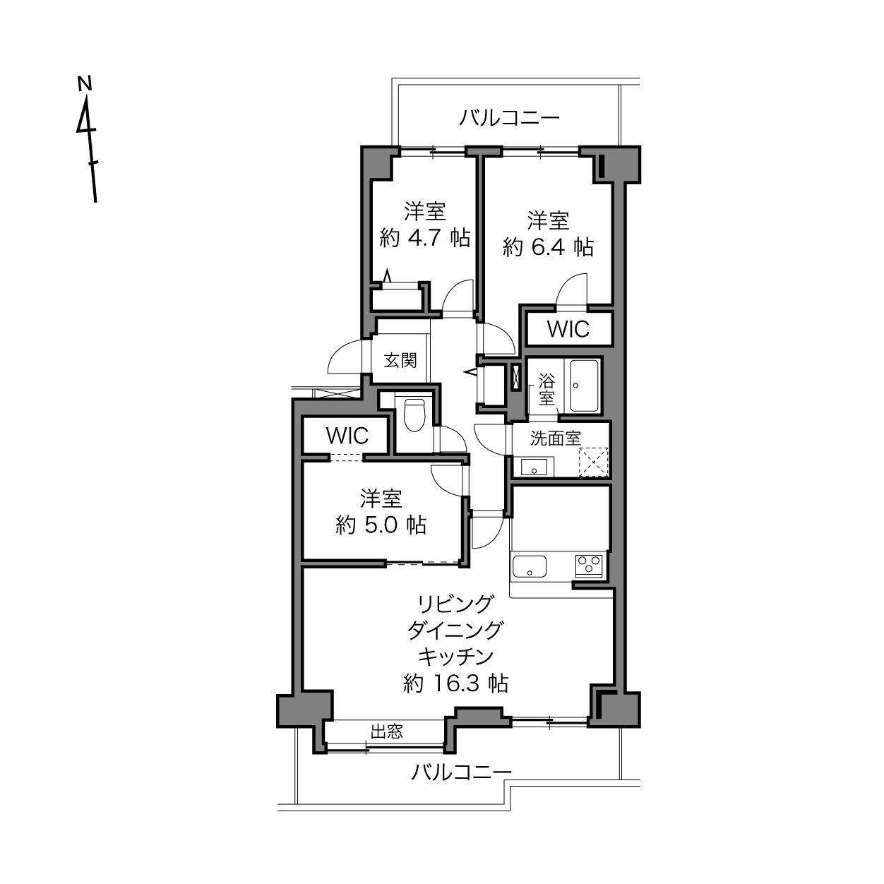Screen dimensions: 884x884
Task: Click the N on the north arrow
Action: [85, 83]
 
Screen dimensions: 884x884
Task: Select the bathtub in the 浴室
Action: [584, 386]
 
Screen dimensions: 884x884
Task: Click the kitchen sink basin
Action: [530, 566]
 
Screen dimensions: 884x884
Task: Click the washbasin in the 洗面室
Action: [533, 467]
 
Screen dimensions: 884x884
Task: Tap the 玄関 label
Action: [400, 360]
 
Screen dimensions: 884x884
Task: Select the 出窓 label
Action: [387, 731]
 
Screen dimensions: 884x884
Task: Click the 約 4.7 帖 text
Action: [425, 239]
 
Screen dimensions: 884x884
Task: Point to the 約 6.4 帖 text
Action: [548, 248]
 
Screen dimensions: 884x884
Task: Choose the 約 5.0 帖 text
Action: [381, 525]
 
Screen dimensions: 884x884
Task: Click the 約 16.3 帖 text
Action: [455, 684]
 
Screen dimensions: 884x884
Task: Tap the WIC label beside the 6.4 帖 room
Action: [568, 328]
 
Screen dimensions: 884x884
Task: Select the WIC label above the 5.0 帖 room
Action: [347, 436]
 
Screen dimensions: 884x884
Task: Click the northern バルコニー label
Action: [509, 118]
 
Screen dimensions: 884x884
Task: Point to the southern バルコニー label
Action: [461, 772]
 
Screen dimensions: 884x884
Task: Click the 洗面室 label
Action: [556, 438]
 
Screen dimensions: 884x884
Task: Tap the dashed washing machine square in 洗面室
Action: [593, 462]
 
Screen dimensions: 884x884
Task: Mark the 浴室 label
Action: [546, 389]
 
